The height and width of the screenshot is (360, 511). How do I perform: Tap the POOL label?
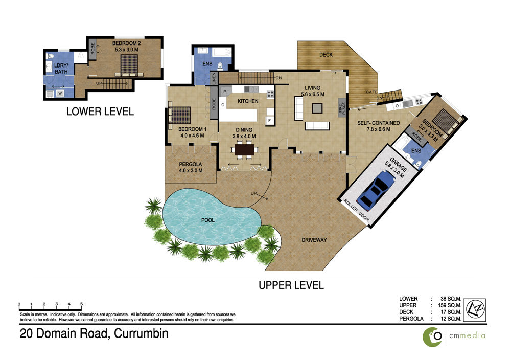pos(208,220)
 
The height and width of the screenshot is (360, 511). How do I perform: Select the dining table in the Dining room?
pos(244,150)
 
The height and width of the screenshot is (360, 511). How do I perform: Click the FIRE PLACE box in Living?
pos(342,108)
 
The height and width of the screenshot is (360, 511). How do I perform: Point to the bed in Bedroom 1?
pos(179,115)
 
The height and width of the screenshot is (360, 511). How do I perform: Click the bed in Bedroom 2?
pos(129,65)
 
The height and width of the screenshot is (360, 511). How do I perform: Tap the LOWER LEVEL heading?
pos(100,111)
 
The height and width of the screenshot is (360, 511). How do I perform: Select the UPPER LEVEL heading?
pos(291,285)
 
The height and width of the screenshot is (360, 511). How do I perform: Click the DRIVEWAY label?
pos(314,240)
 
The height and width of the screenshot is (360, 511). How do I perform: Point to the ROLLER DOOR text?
pos(356,211)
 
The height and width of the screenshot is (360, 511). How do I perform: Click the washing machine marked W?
pos(60,93)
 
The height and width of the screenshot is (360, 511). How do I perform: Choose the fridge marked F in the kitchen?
pos(269,121)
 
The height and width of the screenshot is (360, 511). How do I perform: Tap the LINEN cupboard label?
pos(214,79)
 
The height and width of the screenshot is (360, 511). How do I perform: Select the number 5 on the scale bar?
pos(81,304)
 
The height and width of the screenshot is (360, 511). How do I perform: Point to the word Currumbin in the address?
pos(142,333)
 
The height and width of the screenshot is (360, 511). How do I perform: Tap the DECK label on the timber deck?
pos(326,55)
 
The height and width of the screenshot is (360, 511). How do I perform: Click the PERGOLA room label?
pos(191,164)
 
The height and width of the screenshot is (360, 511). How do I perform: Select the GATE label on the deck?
pos(371,92)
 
